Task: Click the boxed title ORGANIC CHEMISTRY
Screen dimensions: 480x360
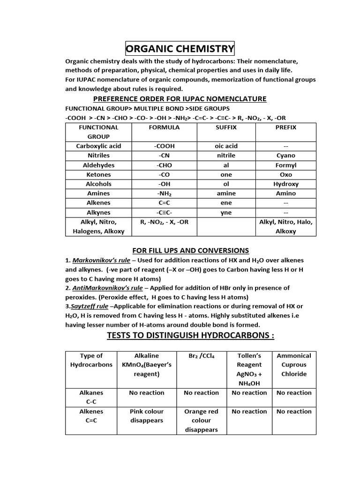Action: coord(180,48)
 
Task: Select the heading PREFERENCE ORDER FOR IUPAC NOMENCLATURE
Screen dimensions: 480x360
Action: coord(180,98)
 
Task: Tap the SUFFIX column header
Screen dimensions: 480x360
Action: coord(226,127)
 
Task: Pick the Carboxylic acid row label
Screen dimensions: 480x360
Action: coord(98,146)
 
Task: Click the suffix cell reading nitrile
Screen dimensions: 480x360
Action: coord(226,155)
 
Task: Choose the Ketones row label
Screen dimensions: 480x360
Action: coord(98,174)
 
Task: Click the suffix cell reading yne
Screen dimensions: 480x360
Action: coord(226,212)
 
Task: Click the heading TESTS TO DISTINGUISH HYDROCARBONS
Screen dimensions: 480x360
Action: coord(190,336)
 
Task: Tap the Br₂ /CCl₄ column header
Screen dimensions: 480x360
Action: coord(201,356)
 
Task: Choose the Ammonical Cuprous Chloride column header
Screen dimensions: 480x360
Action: coord(294,365)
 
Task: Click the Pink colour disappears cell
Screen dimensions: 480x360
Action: coord(147,416)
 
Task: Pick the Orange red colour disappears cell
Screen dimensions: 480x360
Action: coord(201,420)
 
